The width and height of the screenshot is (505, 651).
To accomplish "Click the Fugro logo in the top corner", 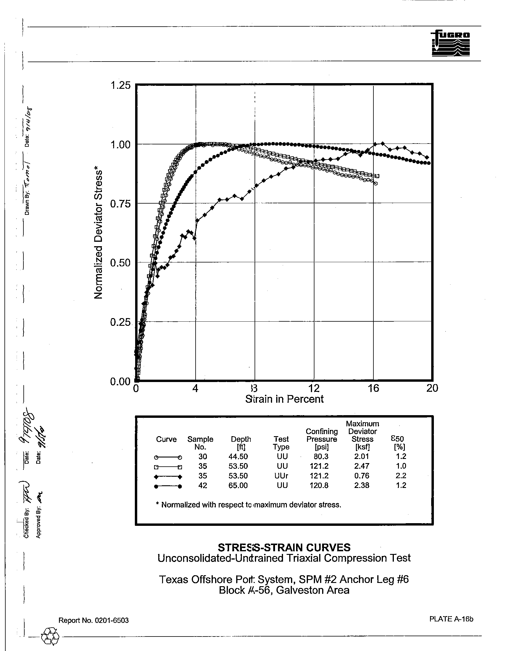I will point(450,43).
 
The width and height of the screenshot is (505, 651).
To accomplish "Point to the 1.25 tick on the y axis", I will point(121,86).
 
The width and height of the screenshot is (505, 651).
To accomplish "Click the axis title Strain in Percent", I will point(284,399).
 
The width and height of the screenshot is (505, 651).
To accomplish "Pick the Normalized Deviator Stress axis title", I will point(98,235).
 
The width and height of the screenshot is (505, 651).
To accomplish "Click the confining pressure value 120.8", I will point(319,485).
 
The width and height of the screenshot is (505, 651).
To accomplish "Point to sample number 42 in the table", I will point(202,485).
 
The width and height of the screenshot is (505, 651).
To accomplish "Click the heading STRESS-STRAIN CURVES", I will point(284,547).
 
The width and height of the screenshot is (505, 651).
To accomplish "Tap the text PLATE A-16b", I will point(451,619).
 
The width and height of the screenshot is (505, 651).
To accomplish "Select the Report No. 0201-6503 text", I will point(93,620).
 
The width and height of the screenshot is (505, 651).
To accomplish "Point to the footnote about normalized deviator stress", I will point(248,505).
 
